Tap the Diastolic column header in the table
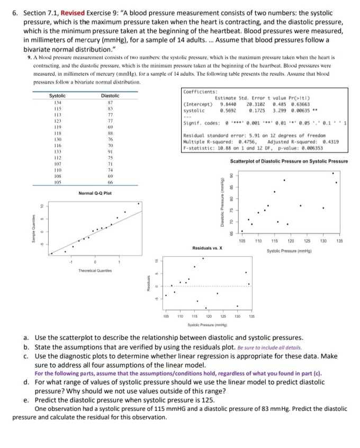[x=110, y=95]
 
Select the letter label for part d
[x=26, y=382]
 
